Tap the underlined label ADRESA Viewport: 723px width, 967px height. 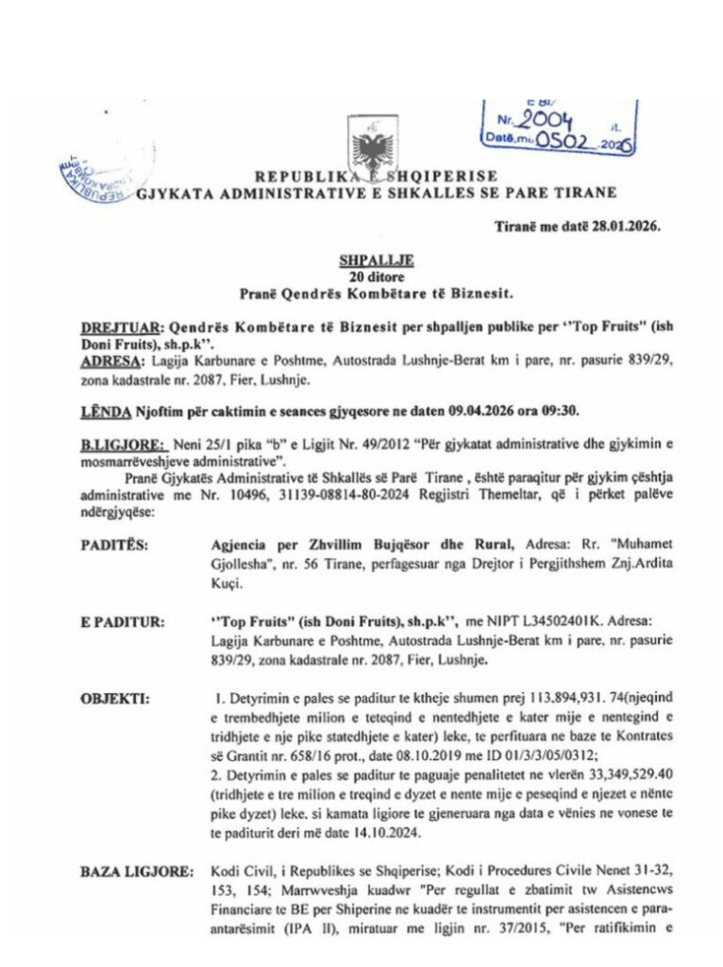click(x=106, y=360)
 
